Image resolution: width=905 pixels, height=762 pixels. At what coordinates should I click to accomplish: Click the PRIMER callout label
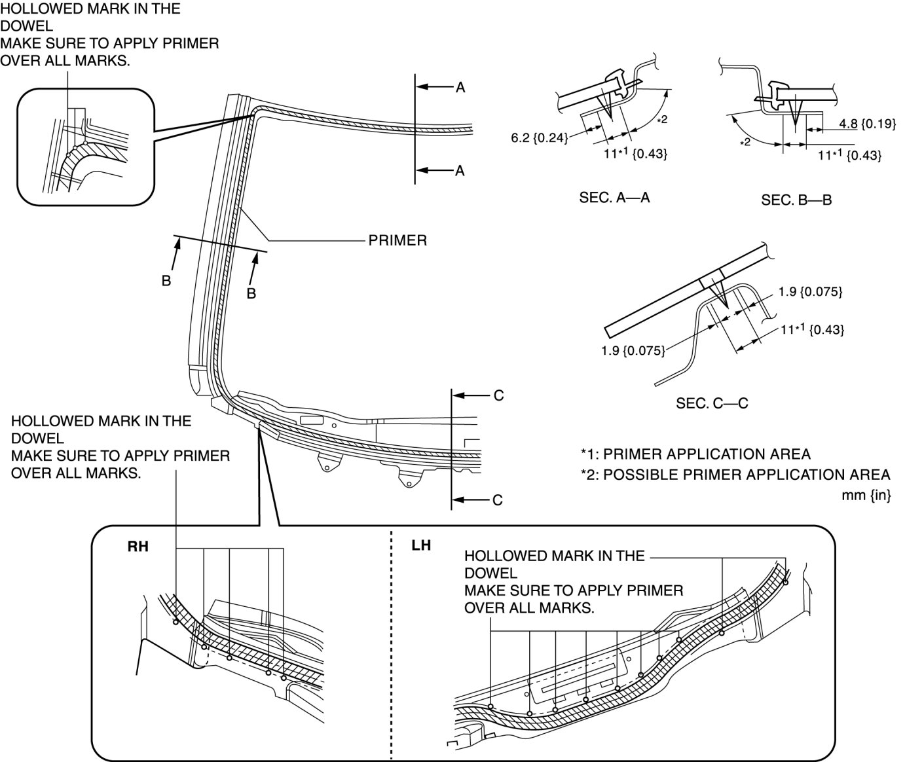397,240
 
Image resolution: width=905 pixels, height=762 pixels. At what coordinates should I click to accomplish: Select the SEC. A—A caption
615,198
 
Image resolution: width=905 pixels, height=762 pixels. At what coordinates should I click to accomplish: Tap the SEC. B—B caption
797,200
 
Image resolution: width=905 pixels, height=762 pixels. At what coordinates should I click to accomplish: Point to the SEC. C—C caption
712,403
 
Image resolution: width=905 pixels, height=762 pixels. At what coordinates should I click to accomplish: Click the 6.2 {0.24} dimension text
539,138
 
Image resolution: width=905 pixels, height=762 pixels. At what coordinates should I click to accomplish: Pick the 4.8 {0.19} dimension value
867,124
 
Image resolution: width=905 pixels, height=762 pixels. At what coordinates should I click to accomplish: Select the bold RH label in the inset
138,546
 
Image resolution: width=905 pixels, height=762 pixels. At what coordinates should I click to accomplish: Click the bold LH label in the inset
421,545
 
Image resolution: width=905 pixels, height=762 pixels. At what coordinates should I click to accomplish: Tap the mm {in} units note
866,495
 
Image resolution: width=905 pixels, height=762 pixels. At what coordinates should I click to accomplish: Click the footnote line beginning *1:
695,454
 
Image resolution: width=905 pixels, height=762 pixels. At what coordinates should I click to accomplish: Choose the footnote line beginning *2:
735,475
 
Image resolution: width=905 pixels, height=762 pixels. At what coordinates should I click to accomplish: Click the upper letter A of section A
460,88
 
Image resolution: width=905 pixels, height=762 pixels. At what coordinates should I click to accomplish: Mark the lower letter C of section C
498,500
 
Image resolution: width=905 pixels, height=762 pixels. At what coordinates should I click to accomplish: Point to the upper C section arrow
471,395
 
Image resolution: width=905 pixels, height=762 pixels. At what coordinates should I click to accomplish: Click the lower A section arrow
434,170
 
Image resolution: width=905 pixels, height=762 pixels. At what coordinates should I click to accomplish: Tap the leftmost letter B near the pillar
166,281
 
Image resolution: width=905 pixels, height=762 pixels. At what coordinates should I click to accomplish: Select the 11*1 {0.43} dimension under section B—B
849,154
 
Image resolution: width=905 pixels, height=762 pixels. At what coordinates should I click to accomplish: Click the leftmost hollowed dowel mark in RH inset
175,622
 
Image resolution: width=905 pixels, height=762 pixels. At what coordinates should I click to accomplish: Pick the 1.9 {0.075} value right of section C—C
810,292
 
